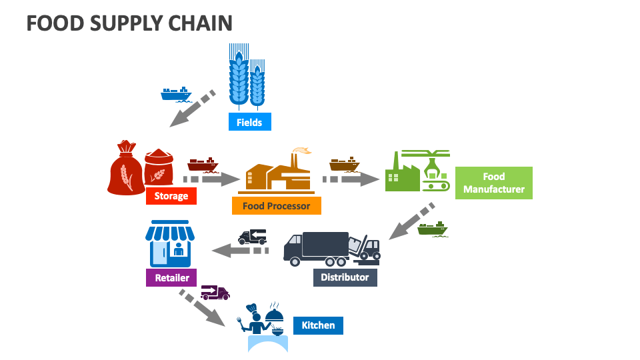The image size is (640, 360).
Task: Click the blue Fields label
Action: (249, 122)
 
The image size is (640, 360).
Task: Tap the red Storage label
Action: (171, 196)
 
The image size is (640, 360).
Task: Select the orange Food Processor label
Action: (276, 206)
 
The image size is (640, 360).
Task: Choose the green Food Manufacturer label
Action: (494, 183)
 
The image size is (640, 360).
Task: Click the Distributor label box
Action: (345, 277)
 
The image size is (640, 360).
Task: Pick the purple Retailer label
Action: (172, 277)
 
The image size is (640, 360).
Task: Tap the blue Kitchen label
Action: (318, 325)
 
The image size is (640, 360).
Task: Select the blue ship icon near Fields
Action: (176, 93)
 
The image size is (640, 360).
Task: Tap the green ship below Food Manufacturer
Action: (433, 229)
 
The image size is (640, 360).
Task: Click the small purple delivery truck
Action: (215, 292)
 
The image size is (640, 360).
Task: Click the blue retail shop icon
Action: (170, 244)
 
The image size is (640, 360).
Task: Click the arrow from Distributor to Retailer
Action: (239, 251)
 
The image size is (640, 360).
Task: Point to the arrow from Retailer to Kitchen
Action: (202, 307)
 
